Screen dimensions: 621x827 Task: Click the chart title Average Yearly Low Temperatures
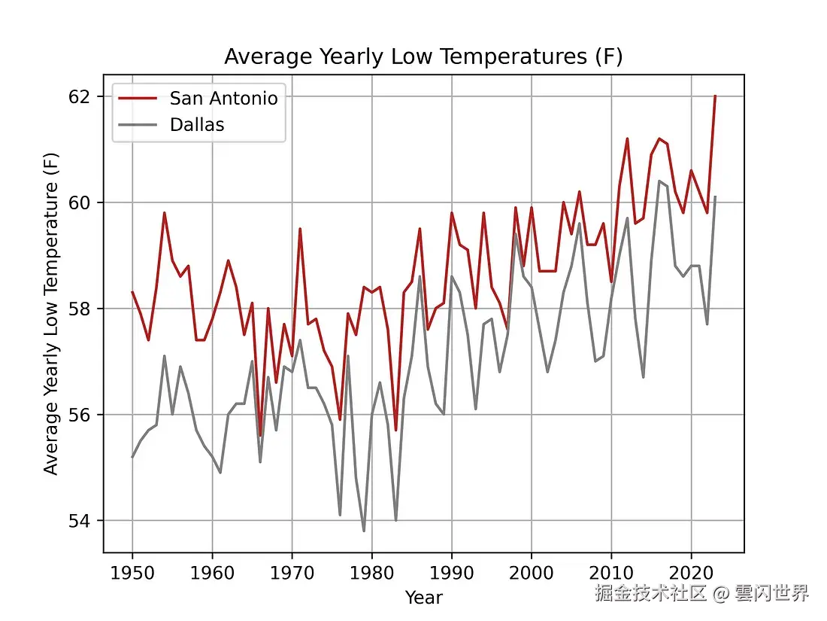click(x=423, y=57)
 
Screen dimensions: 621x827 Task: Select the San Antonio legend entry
click(x=223, y=98)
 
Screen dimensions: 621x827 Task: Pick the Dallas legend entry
click(x=197, y=125)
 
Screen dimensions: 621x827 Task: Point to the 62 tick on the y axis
click(x=83, y=97)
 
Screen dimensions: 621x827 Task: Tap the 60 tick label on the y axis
click(x=83, y=203)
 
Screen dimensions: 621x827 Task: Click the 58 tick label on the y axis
click(x=83, y=309)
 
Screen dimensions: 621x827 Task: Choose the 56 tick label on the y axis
click(x=83, y=416)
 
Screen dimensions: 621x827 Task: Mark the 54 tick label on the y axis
click(x=83, y=521)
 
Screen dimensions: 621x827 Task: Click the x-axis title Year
click(x=423, y=598)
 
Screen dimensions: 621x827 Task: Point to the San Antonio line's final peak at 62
click(x=715, y=96)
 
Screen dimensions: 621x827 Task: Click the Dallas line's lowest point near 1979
click(x=364, y=531)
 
